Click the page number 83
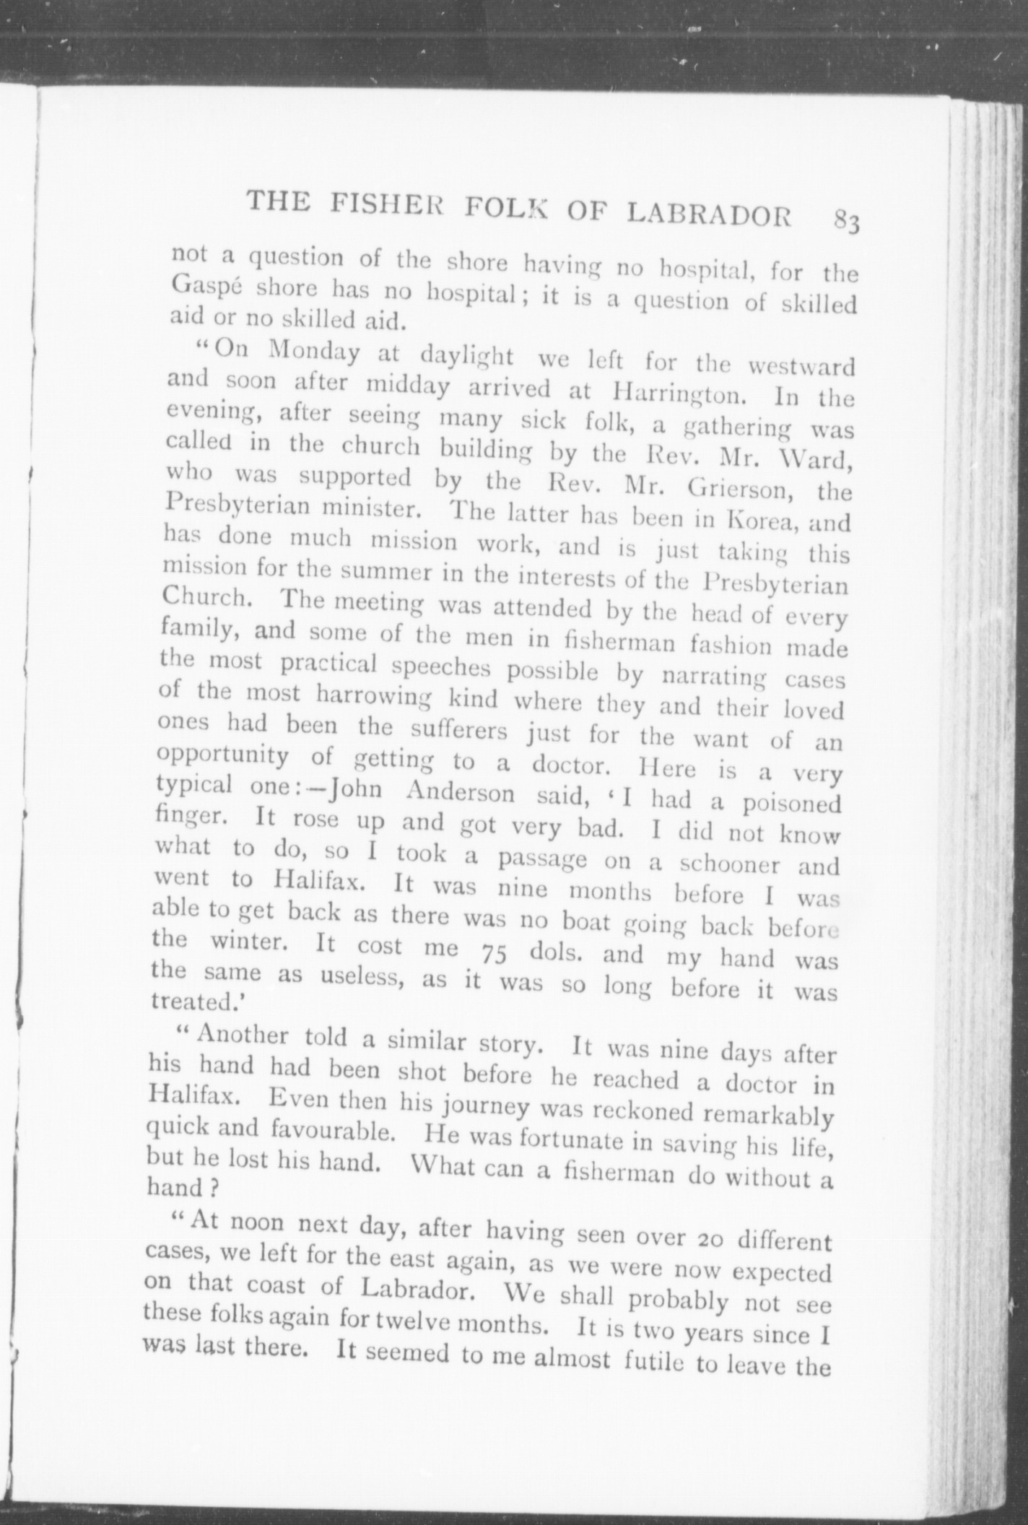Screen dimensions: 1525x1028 (846, 219)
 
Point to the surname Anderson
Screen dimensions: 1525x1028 (460, 794)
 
